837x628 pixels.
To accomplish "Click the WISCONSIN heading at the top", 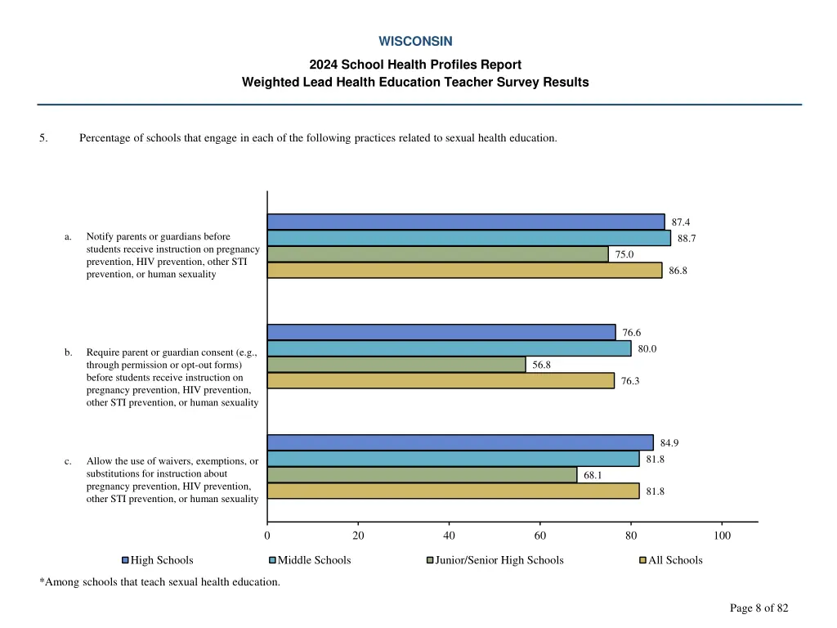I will [x=415, y=41].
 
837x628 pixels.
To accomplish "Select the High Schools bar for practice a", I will [x=466, y=222].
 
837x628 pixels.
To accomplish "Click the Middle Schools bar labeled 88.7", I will [x=468, y=238].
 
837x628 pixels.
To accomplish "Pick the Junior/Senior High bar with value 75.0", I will [x=437, y=254].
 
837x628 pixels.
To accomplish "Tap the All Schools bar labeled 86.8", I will [x=464, y=271].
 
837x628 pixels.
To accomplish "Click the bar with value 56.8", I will [x=396, y=365].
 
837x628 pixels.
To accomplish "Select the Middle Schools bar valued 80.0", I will [x=449, y=348].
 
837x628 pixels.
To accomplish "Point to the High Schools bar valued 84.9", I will [x=460, y=442].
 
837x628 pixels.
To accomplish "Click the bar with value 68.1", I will [x=422, y=475].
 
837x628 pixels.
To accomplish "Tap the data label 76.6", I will [x=632, y=333].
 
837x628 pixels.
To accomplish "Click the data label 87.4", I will [x=681, y=222].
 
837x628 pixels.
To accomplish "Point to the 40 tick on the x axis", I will [x=449, y=536].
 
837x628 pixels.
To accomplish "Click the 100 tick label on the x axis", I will [x=722, y=536].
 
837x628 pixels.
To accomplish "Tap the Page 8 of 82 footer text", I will [x=759, y=608].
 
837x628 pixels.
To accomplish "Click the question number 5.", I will [x=43, y=138].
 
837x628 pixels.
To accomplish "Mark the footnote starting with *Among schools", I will [x=159, y=582].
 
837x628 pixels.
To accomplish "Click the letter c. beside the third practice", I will [x=69, y=461].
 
